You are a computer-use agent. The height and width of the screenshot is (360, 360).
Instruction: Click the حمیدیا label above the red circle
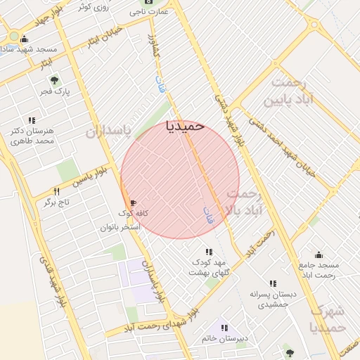pyautogui.click(x=184, y=126)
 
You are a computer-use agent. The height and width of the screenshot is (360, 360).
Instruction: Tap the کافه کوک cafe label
pyautogui.click(x=130, y=212)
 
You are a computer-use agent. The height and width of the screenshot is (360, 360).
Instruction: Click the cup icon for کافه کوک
pyautogui.click(x=133, y=202)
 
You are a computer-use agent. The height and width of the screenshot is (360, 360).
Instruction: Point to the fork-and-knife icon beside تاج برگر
pyautogui.click(x=57, y=191)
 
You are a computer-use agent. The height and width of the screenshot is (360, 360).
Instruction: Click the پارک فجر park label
pyautogui.click(x=53, y=91)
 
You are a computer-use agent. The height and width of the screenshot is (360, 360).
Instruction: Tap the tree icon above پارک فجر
pyautogui.click(x=55, y=79)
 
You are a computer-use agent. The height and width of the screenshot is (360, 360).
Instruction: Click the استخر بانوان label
pyautogui.click(x=120, y=227)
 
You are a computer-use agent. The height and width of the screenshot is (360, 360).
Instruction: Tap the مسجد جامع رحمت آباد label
pyautogui.click(x=319, y=269)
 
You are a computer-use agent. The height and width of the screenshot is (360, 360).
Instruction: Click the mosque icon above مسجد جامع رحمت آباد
pyautogui.click(x=319, y=255)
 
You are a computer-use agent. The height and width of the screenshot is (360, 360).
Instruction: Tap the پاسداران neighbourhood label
pyautogui.click(x=109, y=131)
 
